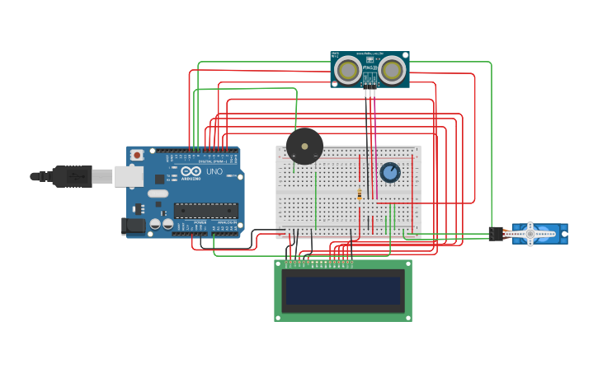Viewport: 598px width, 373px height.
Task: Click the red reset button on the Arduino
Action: point(136,155)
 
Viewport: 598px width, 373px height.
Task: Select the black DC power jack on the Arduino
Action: point(133,225)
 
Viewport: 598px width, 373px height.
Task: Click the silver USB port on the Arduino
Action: point(128,175)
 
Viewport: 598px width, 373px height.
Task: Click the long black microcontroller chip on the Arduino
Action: point(205,210)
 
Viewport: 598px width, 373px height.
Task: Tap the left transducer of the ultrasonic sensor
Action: point(347,71)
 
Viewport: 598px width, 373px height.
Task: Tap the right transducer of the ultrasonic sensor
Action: point(392,71)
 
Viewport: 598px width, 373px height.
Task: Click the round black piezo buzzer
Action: point(304,147)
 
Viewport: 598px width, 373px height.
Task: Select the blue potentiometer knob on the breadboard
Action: point(390,172)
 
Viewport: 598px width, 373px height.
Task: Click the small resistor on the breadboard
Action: point(360,194)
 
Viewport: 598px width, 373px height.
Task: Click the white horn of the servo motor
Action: point(530,234)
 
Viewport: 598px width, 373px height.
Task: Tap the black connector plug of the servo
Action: point(495,234)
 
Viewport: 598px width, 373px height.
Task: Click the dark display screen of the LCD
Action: point(342,290)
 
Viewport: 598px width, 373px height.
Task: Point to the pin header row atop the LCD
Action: point(318,263)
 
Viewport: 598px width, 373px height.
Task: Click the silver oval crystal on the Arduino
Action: point(158,194)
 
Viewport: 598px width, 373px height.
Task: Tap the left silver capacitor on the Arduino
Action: point(154,224)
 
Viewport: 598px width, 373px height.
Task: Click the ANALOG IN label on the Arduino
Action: point(224,222)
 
